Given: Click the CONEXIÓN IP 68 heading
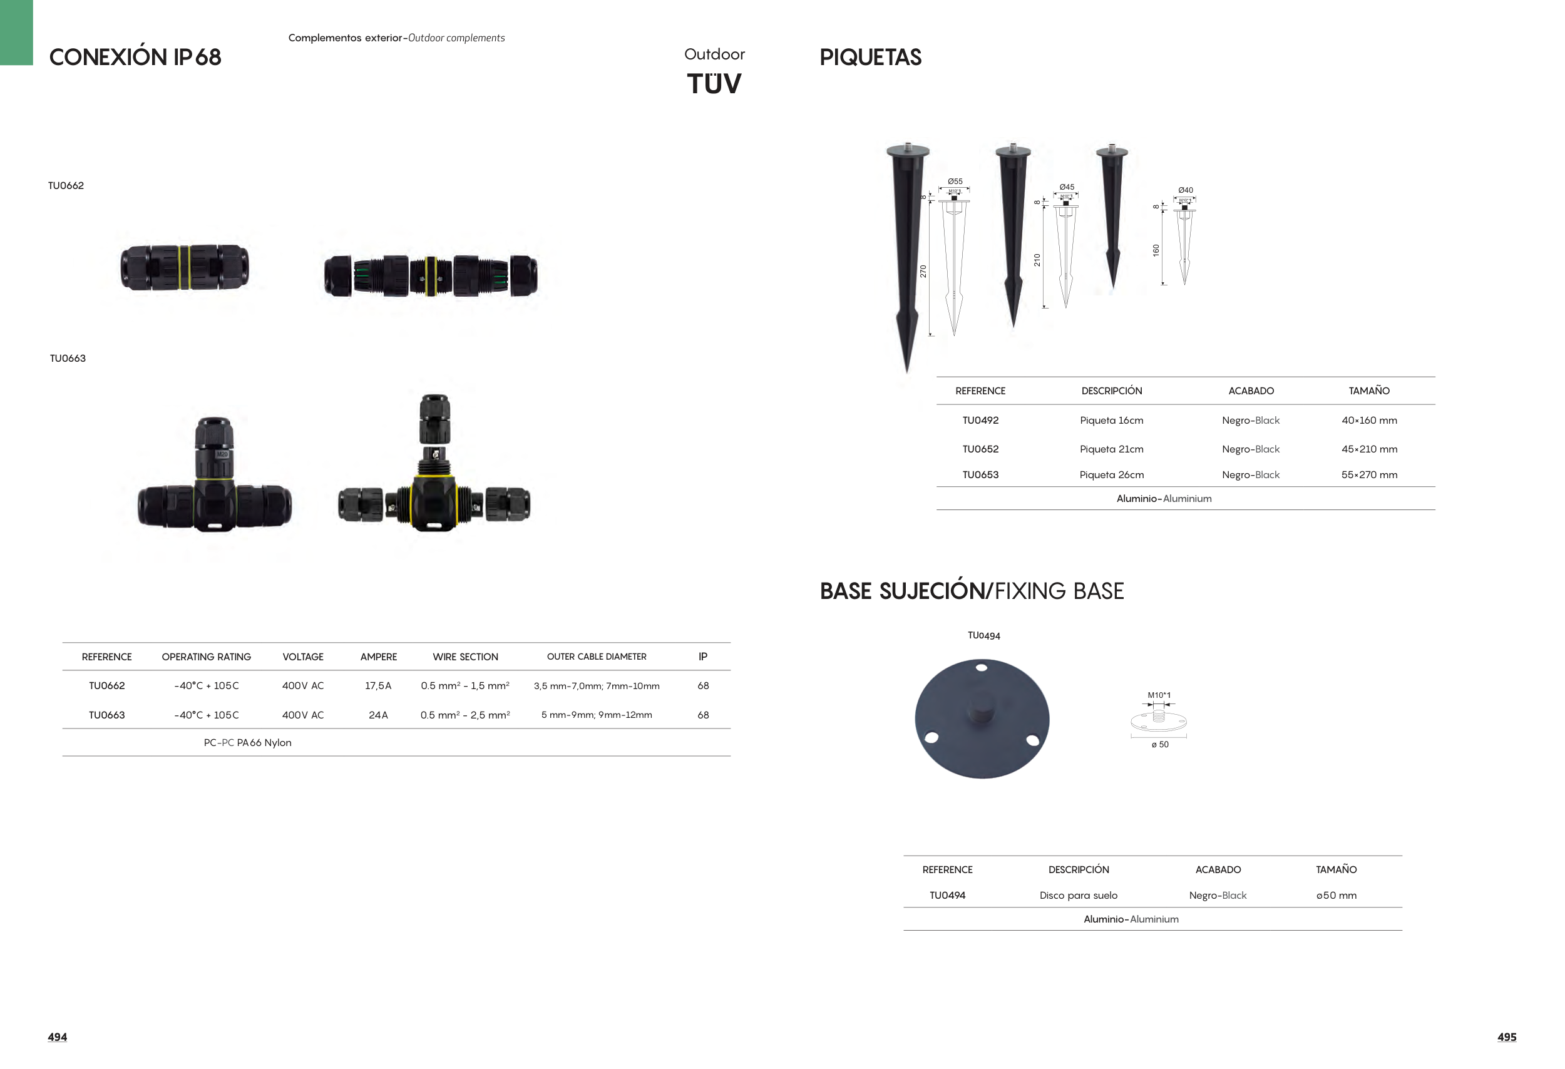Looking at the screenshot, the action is click(x=135, y=56).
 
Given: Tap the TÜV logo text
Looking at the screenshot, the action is click(x=714, y=84).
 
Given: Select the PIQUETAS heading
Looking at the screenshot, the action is click(x=870, y=57).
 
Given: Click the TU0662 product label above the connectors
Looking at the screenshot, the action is click(x=66, y=186).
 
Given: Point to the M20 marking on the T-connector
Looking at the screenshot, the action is click(x=222, y=454).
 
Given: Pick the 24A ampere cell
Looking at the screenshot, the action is click(x=379, y=715).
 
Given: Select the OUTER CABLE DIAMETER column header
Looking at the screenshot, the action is click(x=597, y=657).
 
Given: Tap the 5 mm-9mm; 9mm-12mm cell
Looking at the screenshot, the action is click(x=597, y=715).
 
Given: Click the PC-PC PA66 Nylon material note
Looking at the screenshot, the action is click(x=248, y=742).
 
